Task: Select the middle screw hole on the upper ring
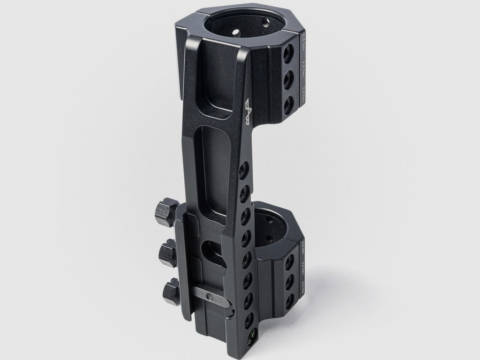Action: [x=288, y=78]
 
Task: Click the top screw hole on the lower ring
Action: [x=288, y=264]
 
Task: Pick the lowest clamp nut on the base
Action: [x=170, y=289]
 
